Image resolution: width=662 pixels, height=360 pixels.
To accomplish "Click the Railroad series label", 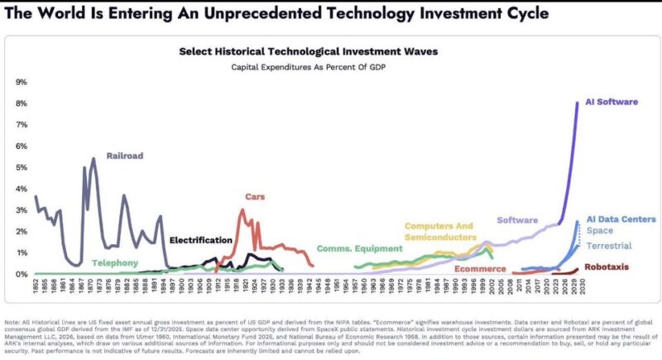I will pyautogui.click(x=125, y=155).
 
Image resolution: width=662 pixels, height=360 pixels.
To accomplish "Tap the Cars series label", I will pyautogui.click(x=254, y=197).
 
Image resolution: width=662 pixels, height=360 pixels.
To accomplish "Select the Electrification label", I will pyautogui.click(x=200, y=240).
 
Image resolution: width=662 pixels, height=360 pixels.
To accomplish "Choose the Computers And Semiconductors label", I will pyautogui.click(x=439, y=231).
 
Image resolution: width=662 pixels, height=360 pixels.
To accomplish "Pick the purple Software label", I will pyautogui.click(x=517, y=220).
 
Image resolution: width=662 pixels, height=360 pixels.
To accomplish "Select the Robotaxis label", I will pyautogui.click(x=611, y=267).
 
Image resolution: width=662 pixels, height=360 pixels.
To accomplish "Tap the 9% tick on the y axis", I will pyautogui.click(x=22, y=82).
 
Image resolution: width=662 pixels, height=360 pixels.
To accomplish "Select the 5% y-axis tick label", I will pyautogui.click(x=22, y=167).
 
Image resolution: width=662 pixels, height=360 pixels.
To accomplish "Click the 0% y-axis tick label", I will pyautogui.click(x=22, y=274).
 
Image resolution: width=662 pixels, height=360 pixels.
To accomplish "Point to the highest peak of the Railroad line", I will pyautogui.click(x=93, y=158).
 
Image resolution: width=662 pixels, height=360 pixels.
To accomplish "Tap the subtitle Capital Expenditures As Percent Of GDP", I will pyautogui.click(x=308, y=65).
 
